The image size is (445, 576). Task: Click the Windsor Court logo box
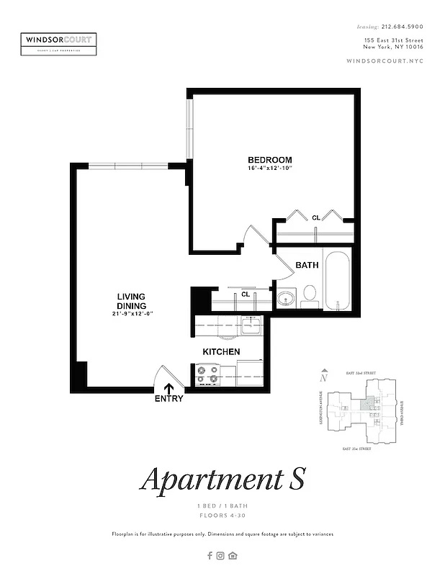[x=58, y=43]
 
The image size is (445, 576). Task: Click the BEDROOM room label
[x=270, y=160]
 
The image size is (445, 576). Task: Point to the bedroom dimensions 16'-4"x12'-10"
[x=270, y=168]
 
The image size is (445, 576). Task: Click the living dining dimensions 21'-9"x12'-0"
[x=133, y=314]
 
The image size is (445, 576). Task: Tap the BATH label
[x=307, y=265]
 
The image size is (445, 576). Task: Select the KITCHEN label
[x=221, y=351]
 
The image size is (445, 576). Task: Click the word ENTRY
[x=169, y=398]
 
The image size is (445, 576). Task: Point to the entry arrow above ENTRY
[x=169, y=385]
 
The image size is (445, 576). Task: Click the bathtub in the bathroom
[x=337, y=280]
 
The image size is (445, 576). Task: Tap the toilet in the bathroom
[x=310, y=294]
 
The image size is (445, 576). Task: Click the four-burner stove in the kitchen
[x=207, y=374]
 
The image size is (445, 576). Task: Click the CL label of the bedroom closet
[x=315, y=217]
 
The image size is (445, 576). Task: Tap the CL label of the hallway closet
[x=245, y=294]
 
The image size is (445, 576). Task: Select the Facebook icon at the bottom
[x=210, y=555]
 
